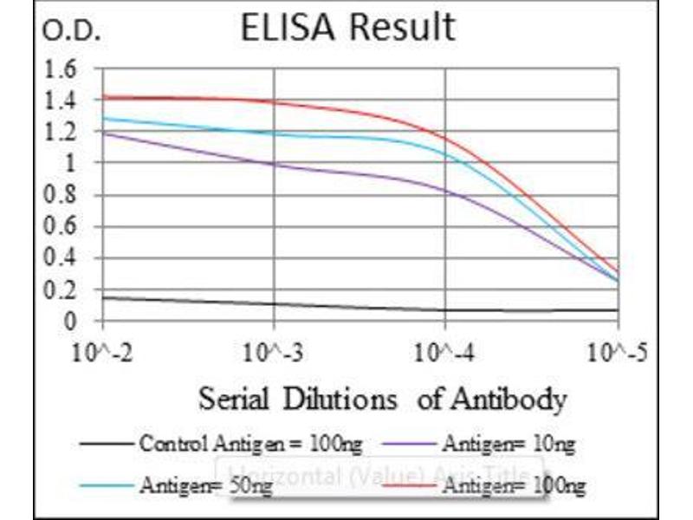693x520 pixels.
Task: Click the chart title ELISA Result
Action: click(347, 28)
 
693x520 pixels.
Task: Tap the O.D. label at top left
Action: click(72, 32)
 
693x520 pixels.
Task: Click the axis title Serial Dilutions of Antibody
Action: click(382, 400)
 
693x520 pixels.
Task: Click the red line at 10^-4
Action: click(445, 137)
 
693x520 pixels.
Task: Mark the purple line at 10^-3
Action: click(274, 163)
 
